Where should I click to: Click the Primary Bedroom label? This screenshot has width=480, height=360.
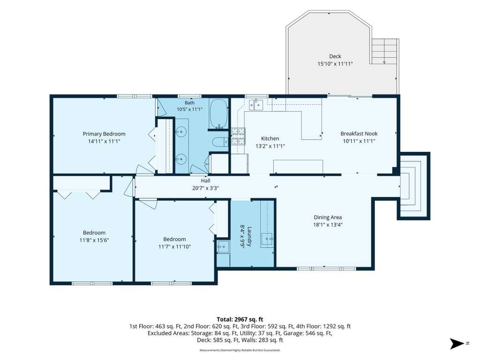[104, 134]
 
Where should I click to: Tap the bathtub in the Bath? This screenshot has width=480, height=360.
[218, 114]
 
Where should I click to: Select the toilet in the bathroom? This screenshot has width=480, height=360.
[220, 142]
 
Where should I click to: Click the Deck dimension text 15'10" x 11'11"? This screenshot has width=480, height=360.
[335, 64]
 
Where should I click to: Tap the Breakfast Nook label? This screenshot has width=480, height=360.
[359, 134]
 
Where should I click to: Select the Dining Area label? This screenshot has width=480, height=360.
[328, 217]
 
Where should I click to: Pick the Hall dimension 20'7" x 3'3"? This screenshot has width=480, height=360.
[205, 188]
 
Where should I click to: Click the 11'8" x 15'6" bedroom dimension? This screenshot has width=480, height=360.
[94, 240]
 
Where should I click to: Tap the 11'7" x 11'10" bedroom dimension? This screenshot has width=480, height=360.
[174, 247]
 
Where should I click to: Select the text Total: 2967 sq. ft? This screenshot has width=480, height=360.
[240, 320]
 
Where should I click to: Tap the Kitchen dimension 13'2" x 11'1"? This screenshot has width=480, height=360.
[270, 146]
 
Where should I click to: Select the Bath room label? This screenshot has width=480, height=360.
[189, 103]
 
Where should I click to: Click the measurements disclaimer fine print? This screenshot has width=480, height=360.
[240, 350]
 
